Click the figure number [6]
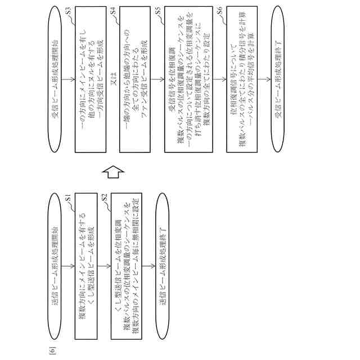pos(51,352)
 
